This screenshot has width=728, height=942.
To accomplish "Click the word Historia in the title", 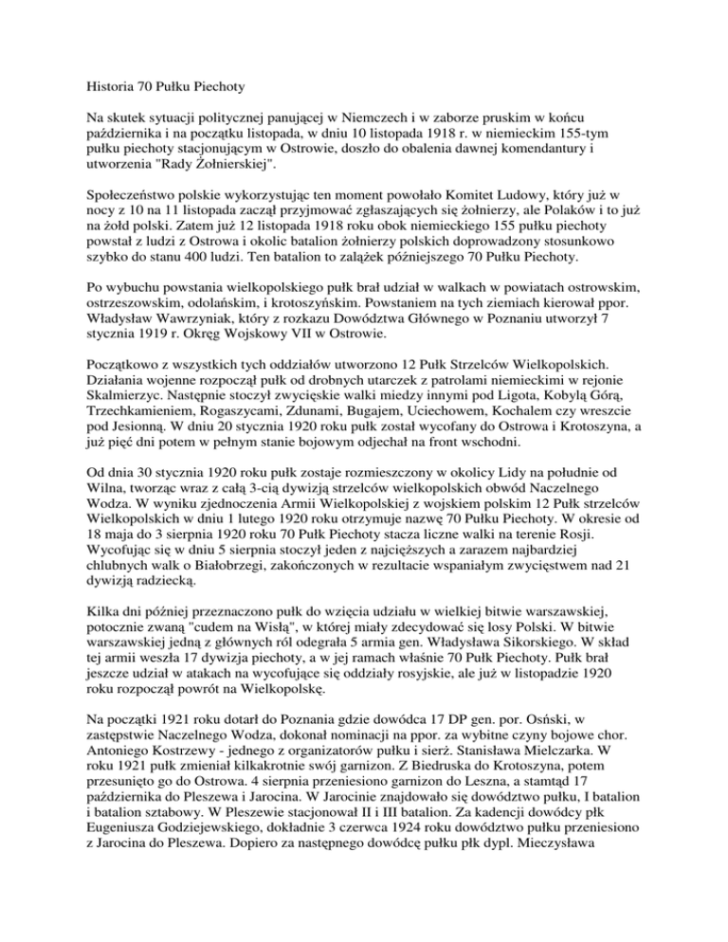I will point(102,69).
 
